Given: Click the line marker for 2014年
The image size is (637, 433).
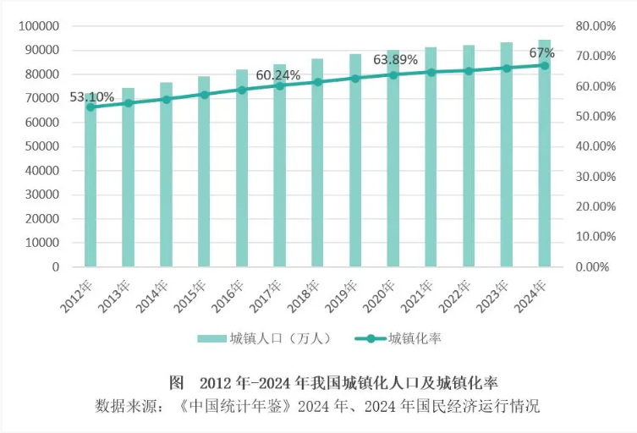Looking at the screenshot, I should (x=166, y=99).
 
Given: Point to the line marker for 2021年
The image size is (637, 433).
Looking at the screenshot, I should (x=431, y=72).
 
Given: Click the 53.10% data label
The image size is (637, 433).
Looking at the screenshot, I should (x=91, y=96).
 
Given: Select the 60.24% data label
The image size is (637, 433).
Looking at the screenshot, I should (x=279, y=75).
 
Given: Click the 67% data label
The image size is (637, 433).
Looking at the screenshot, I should (x=542, y=53).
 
